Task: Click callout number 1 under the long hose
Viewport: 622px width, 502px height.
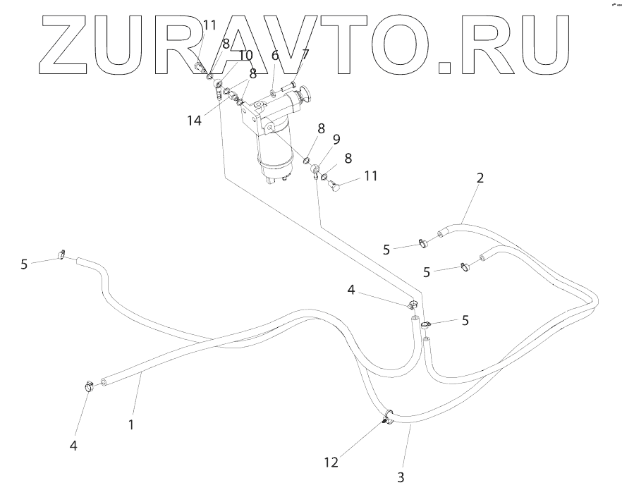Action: click(x=130, y=424)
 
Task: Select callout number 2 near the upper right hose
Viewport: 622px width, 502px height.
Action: click(x=480, y=178)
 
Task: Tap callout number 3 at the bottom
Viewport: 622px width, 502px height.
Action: click(x=401, y=477)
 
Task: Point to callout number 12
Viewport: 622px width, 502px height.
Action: click(x=331, y=463)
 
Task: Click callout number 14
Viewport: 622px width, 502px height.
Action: click(x=195, y=120)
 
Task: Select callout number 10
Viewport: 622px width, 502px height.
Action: click(x=245, y=55)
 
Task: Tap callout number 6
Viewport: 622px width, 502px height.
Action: click(x=275, y=55)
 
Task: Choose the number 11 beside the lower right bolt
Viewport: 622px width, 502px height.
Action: click(x=370, y=176)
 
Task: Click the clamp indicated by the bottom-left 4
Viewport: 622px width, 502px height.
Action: click(x=90, y=386)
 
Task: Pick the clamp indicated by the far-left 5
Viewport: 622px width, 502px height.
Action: click(x=61, y=255)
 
